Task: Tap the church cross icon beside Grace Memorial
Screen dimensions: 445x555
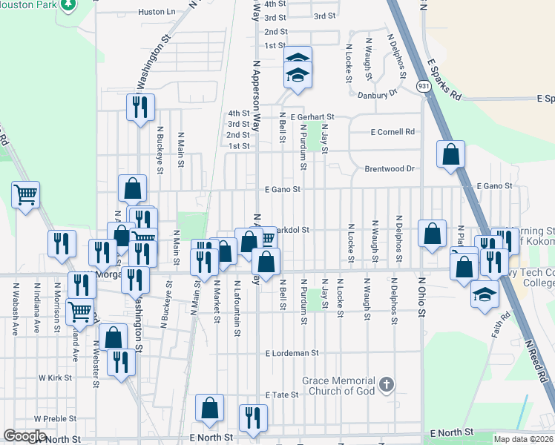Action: [385, 384]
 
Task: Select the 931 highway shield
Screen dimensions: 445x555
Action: [423, 87]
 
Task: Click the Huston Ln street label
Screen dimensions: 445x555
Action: [157, 12]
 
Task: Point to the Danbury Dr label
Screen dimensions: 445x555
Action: [378, 95]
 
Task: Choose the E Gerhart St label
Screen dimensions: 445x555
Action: [313, 117]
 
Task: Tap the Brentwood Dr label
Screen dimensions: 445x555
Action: [389, 168]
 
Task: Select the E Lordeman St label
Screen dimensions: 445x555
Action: [292, 354]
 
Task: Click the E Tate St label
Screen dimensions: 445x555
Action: [281, 395]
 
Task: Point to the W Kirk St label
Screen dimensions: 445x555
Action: [55, 378]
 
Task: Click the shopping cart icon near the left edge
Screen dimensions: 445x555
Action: [26, 195]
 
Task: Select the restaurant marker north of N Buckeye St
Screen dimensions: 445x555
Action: [139, 108]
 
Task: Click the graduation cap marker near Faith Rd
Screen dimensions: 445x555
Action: [485, 294]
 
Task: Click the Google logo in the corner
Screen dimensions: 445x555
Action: [24, 436]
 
